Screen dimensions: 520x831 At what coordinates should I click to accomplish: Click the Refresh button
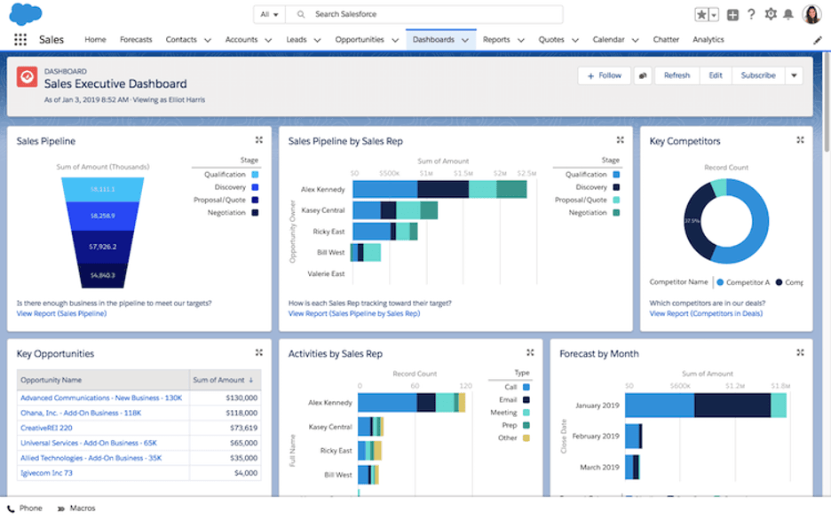click(x=677, y=75)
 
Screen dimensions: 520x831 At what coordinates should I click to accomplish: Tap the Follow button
click(x=604, y=75)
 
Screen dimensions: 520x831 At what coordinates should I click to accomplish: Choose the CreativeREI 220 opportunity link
click(x=46, y=427)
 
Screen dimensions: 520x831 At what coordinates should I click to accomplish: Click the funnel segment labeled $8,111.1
click(x=103, y=189)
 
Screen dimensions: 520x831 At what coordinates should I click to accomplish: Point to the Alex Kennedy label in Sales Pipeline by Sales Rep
click(x=322, y=189)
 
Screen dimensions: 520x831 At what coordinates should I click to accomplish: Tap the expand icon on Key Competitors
click(x=800, y=140)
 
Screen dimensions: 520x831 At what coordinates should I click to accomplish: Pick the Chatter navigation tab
click(x=666, y=40)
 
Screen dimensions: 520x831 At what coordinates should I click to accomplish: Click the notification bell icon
click(x=787, y=14)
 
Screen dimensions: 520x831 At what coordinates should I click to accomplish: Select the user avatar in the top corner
click(x=811, y=14)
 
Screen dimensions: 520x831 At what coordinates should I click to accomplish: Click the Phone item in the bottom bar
click(x=26, y=508)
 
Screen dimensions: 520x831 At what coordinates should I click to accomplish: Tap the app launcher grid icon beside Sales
click(x=20, y=40)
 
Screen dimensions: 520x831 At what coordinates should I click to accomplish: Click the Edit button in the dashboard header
click(x=716, y=75)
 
